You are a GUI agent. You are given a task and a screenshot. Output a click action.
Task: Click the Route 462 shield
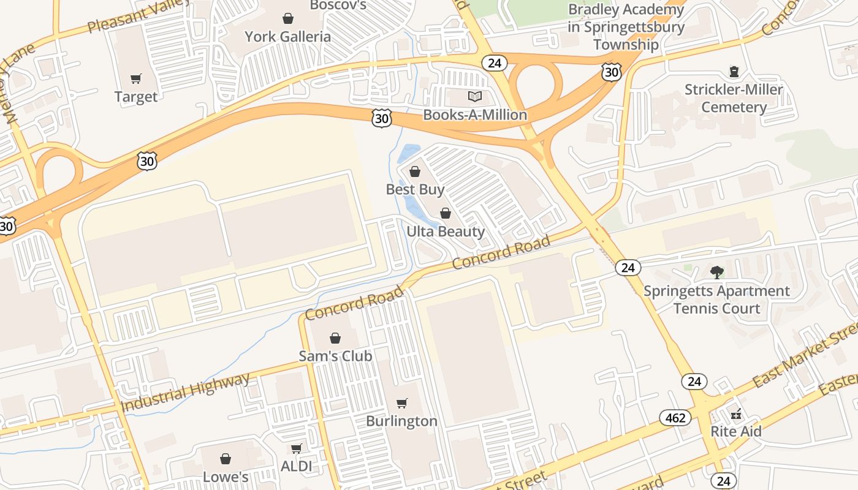click(675, 418)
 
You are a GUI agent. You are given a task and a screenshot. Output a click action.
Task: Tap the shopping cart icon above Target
click(136, 78)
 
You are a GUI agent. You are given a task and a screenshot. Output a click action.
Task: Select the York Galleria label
click(287, 37)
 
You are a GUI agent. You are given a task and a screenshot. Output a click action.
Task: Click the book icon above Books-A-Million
click(475, 96)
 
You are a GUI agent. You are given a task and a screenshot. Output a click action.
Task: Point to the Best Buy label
click(415, 190)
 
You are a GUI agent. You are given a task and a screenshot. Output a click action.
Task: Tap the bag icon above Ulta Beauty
click(446, 213)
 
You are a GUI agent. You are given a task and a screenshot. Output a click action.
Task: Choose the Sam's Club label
click(335, 356)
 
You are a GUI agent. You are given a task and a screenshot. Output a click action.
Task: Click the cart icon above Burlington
click(401, 403)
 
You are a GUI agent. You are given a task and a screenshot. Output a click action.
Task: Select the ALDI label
click(296, 466)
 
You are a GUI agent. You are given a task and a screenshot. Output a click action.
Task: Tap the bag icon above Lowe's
click(226, 459)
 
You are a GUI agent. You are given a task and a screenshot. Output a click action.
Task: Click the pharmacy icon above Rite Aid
click(736, 413)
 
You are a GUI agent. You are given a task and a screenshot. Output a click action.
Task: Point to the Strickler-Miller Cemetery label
click(734, 99)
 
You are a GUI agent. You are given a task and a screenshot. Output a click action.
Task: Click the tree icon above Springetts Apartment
click(716, 272)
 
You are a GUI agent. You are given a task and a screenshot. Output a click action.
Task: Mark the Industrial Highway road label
click(186, 393)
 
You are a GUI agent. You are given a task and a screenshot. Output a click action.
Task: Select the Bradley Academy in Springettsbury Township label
click(626, 27)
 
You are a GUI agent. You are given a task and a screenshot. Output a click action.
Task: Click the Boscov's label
click(338, 6)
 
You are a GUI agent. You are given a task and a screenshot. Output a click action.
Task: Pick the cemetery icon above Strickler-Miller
click(734, 72)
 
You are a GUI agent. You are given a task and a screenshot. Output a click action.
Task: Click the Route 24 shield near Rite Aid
click(694, 382)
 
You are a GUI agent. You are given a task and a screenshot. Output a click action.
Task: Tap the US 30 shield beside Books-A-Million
click(381, 118)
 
